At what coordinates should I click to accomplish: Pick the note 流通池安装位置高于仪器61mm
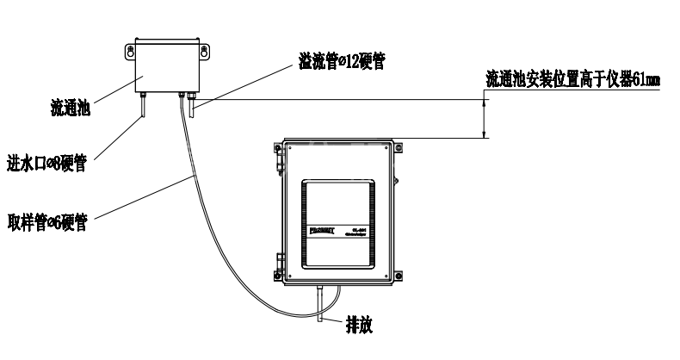click(572, 80)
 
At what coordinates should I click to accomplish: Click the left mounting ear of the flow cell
click(131, 53)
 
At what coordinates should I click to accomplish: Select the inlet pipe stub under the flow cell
click(144, 108)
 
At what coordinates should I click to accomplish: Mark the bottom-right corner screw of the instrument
click(398, 277)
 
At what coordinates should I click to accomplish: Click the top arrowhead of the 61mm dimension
click(485, 103)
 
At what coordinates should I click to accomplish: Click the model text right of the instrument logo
click(361, 232)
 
